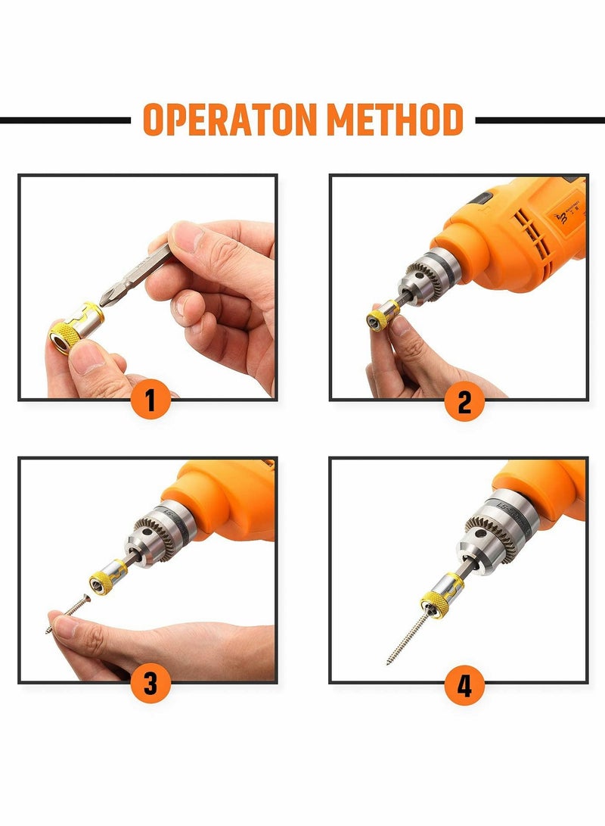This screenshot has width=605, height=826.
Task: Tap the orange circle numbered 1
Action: pos(150,399)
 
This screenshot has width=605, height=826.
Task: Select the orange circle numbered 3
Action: pos(150,684)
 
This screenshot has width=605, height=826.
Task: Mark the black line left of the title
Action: pos(64,120)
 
